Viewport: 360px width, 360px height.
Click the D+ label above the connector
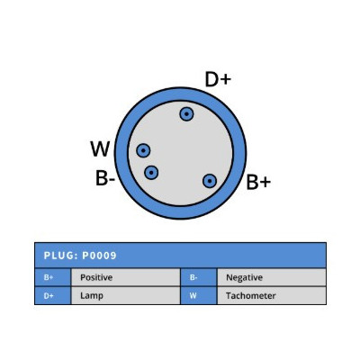[x=218, y=79]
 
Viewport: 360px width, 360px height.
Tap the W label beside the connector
[x=100, y=148]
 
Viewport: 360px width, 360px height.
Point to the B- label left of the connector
[x=105, y=178]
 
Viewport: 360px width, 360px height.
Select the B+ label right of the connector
[x=258, y=182]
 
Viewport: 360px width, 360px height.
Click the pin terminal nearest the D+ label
[x=186, y=114]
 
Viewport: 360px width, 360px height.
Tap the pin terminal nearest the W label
[x=143, y=150]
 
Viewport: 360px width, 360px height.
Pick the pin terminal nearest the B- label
[x=151, y=173]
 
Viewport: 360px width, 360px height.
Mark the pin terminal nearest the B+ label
[x=210, y=181]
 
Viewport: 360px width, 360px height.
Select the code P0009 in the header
[x=99, y=256]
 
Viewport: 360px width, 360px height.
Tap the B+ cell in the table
[x=53, y=277]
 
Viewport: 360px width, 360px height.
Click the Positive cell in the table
[x=125, y=277]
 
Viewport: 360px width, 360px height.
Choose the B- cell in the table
[x=199, y=277]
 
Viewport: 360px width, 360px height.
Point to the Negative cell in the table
[x=272, y=277]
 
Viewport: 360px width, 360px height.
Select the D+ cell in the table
[x=53, y=296]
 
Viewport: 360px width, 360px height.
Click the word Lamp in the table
[x=92, y=296]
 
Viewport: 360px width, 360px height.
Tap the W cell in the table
[x=199, y=296]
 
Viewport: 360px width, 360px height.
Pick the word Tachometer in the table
[x=251, y=296]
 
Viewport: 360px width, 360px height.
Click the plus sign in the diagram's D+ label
[x=225, y=80]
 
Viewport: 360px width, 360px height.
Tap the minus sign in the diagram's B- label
[x=112, y=180]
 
